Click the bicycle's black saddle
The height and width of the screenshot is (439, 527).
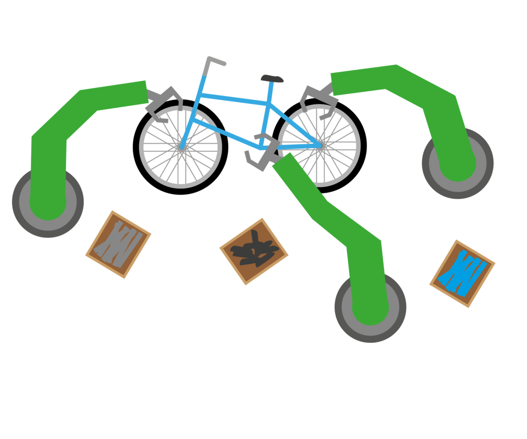[272, 79]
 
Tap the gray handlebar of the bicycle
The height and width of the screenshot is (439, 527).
[215, 60]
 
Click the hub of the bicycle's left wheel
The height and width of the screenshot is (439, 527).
[181, 146]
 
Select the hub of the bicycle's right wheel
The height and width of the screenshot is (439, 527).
[320, 145]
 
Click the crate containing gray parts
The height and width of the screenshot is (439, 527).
[119, 244]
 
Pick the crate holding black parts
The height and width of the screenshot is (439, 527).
[254, 252]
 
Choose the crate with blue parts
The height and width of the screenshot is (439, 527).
[462, 274]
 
